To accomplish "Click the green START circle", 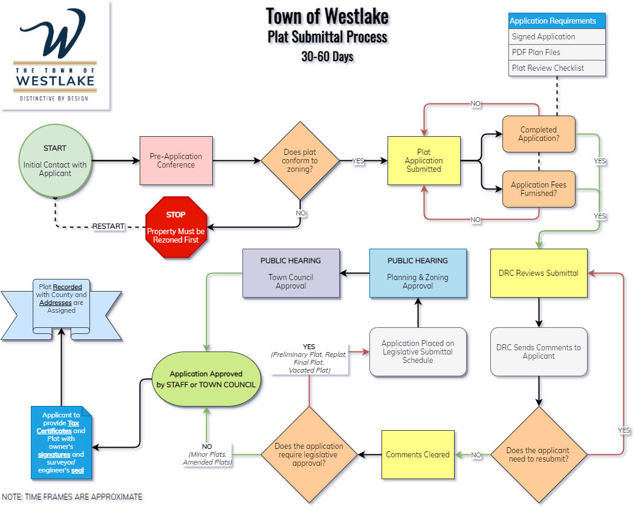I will [55, 160].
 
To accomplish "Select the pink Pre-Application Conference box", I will [176, 160].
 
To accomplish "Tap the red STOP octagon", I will [177, 227].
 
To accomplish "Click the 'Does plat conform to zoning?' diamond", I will [300, 161].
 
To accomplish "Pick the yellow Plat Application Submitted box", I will [424, 160].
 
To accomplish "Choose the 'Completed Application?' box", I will [539, 134].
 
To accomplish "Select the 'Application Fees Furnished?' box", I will [539, 189].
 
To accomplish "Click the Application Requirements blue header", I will [557, 21].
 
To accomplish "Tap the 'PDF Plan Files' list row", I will [557, 53].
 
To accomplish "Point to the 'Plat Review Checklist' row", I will [557, 68].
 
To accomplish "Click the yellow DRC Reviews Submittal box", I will [539, 273].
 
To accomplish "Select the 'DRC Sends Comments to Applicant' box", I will [539, 351].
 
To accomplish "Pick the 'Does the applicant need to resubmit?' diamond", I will [538, 454].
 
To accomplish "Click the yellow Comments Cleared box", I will [418, 454].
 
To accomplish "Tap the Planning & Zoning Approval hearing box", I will [418, 273].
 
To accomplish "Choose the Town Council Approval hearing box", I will [291, 273].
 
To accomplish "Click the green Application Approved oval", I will [206, 379].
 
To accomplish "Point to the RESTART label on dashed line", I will [109, 226].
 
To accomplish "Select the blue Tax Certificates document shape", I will [62, 442].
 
